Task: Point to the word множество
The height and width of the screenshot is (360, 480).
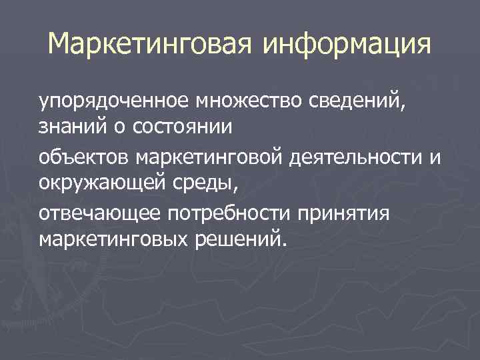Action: (x=249, y=102)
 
